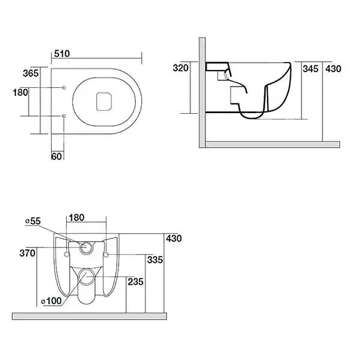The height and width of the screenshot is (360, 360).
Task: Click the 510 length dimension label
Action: point(62,53)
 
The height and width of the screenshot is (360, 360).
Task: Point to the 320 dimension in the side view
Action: point(181,68)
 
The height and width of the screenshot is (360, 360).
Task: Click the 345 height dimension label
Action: point(310,69)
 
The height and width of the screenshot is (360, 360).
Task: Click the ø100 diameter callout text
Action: point(51,300)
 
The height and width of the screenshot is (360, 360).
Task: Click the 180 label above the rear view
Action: point(76,217)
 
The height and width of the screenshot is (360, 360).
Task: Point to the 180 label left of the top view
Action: point(20,92)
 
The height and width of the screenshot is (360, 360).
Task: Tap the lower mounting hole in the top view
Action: point(64,115)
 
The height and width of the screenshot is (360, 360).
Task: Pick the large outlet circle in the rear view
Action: point(88,277)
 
